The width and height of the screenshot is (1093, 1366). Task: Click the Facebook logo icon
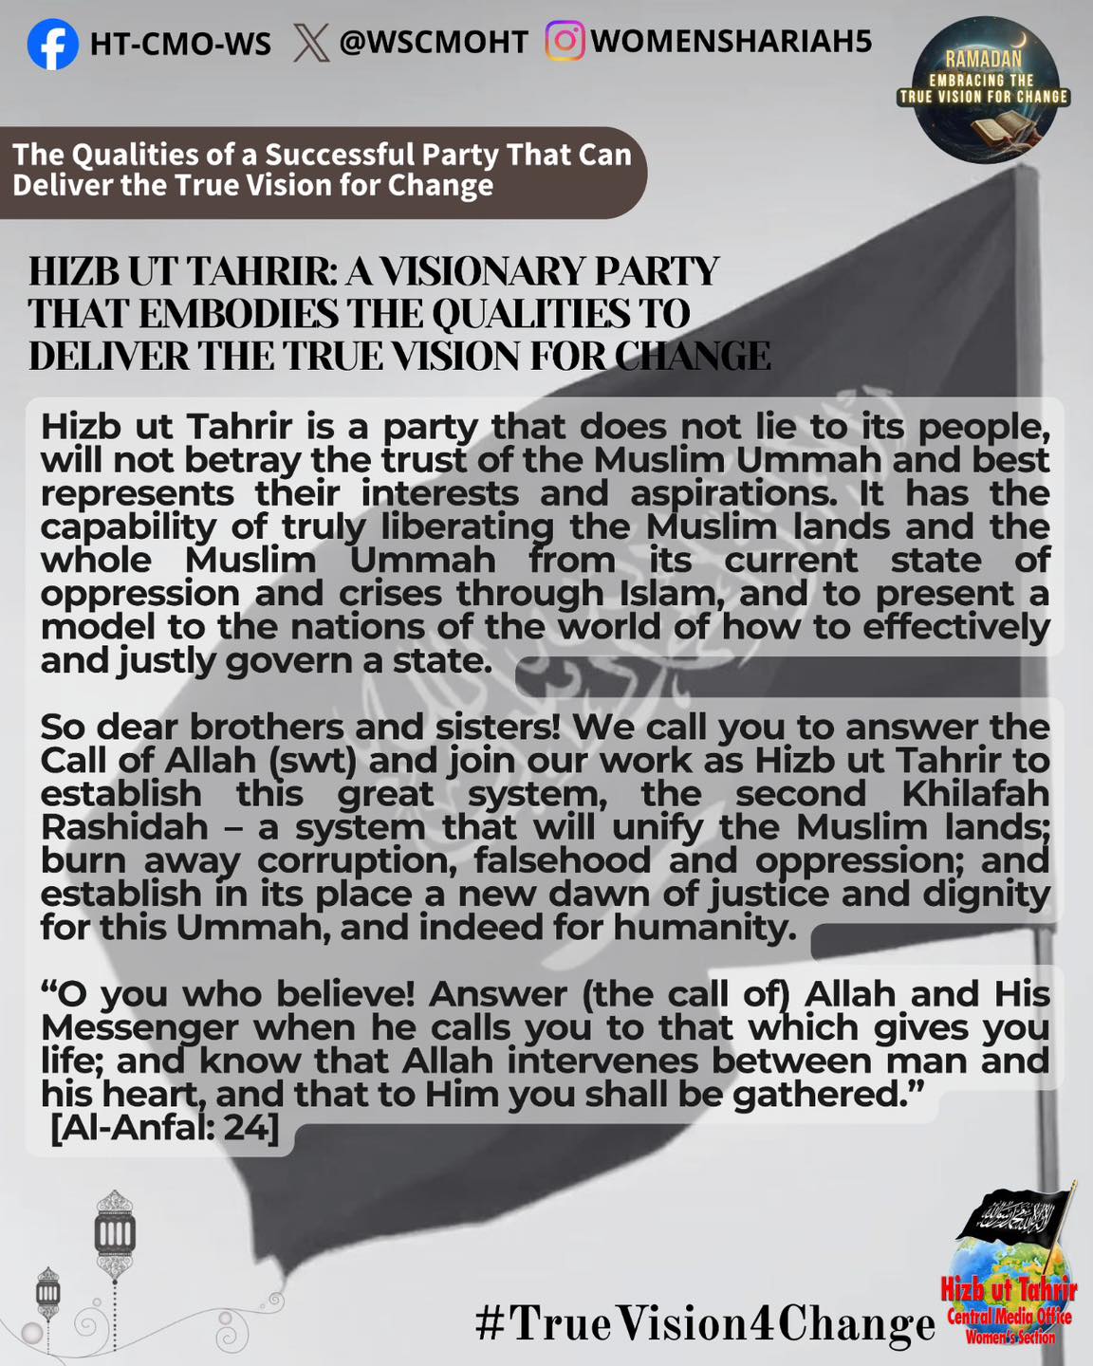[x=53, y=44]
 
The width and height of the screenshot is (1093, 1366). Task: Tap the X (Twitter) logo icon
[x=311, y=43]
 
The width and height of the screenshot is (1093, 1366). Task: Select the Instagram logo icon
[x=565, y=42]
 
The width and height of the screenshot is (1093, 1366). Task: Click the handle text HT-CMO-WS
[x=180, y=44]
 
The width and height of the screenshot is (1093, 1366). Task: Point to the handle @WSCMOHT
[x=433, y=42]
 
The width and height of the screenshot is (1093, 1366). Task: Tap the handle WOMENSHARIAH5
[x=731, y=42]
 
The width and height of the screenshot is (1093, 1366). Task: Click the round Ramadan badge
[x=984, y=91]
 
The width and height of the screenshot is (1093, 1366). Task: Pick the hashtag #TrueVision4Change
[x=705, y=1322]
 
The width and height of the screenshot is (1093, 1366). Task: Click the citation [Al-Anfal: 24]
[x=164, y=1129]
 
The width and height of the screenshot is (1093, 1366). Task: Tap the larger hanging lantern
[x=115, y=1233]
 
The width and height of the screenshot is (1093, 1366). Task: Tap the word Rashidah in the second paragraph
[x=124, y=827]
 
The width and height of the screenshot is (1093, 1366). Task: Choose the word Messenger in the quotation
[x=139, y=1027]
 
